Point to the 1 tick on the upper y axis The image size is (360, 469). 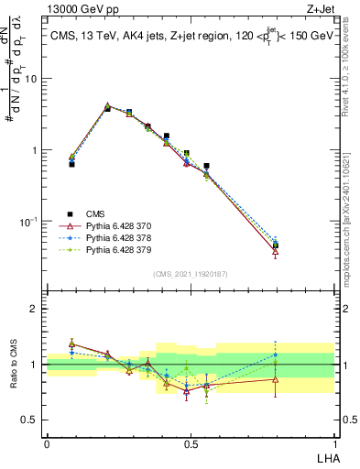[35, 150]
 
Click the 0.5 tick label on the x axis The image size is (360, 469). [190, 443]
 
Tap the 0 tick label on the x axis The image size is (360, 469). [47, 443]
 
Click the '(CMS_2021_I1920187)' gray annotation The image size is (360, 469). [190, 272]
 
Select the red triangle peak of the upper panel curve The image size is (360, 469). [108, 106]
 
